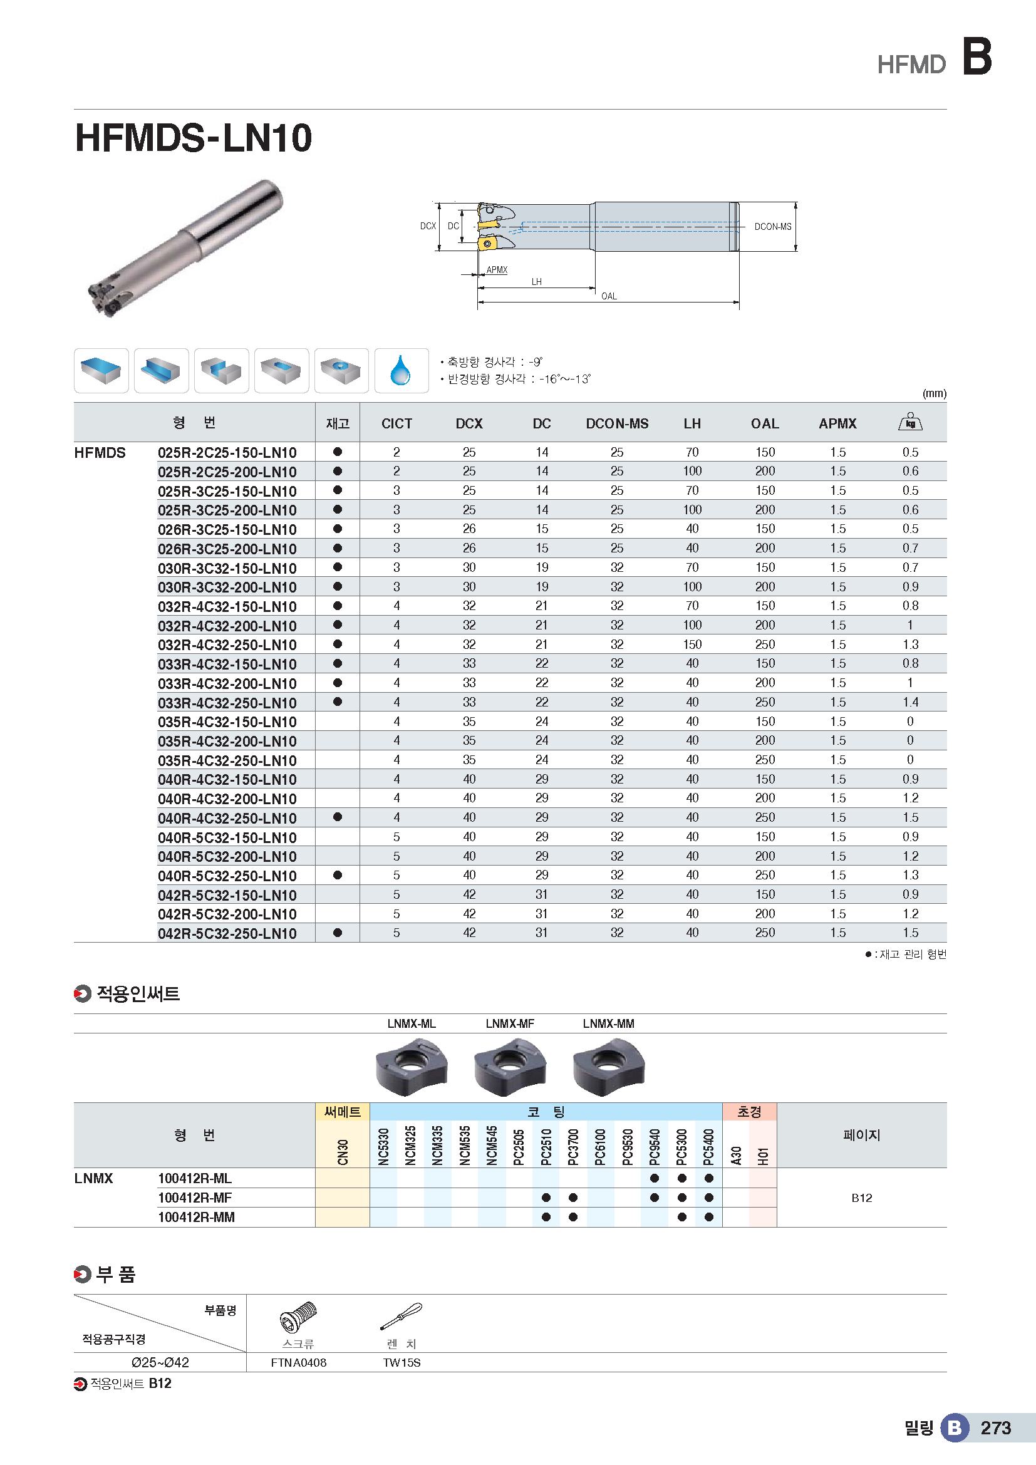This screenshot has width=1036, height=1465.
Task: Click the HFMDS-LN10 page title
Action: pyautogui.click(x=194, y=138)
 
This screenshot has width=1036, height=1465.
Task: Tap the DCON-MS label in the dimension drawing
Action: pyautogui.click(x=772, y=227)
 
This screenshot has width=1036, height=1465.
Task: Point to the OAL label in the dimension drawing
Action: pyautogui.click(x=609, y=296)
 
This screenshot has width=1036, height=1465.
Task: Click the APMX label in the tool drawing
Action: pyautogui.click(x=496, y=270)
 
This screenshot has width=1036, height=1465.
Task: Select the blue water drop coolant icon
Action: pyautogui.click(x=401, y=371)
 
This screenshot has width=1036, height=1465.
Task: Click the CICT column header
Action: pyautogui.click(x=396, y=423)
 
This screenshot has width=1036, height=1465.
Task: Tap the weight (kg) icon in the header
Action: pyautogui.click(x=909, y=422)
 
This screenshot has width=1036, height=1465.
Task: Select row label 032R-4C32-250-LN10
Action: pyautogui.click(x=227, y=645)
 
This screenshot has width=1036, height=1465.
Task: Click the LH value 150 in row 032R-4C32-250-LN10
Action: pyautogui.click(x=692, y=644)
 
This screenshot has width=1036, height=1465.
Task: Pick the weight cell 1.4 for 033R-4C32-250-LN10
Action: pyautogui.click(x=910, y=702)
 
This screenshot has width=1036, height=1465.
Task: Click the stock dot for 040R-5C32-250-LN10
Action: pyautogui.click(x=338, y=876)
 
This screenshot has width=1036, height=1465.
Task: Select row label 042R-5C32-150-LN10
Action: pyautogui.click(x=227, y=895)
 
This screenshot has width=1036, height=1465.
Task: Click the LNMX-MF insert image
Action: pyautogui.click(x=509, y=1066)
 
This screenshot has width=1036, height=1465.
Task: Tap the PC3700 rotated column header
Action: pyautogui.click(x=573, y=1147)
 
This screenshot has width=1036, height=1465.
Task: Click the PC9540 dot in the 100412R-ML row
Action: pyautogui.click(x=655, y=1179)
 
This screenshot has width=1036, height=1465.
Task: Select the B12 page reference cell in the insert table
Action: pyautogui.click(x=861, y=1198)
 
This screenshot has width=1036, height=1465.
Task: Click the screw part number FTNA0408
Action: pyautogui.click(x=299, y=1362)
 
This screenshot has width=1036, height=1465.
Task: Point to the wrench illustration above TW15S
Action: pyautogui.click(x=401, y=1316)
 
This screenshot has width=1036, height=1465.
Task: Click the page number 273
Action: pyautogui.click(x=996, y=1428)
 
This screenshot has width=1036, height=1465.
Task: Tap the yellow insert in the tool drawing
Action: pyautogui.click(x=489, y=225)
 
